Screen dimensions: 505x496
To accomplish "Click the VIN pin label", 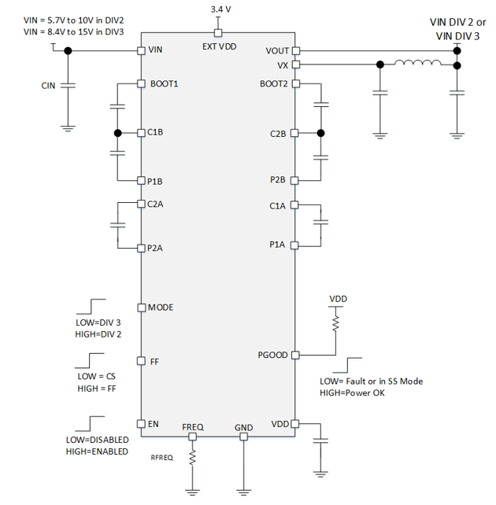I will [156, 51].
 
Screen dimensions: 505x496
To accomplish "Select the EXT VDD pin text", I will [219, 46].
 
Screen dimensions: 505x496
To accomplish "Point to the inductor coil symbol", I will [418, 65].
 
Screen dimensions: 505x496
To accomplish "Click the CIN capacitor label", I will [48, 85].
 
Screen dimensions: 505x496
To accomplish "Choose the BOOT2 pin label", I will [276, 83].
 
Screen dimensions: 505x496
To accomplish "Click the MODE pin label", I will [161, 308].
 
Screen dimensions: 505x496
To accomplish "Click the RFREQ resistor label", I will [162, 455].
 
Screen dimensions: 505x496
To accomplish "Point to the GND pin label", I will [244, 428].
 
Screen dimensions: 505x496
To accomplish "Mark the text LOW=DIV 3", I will [98, 322].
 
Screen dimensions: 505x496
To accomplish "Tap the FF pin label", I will [154, 362].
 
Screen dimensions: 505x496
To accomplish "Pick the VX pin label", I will [283, 65].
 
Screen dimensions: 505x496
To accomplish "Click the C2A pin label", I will [157, 205].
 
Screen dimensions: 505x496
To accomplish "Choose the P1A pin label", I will [277, 245].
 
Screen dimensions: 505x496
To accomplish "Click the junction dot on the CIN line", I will [68, 51].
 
